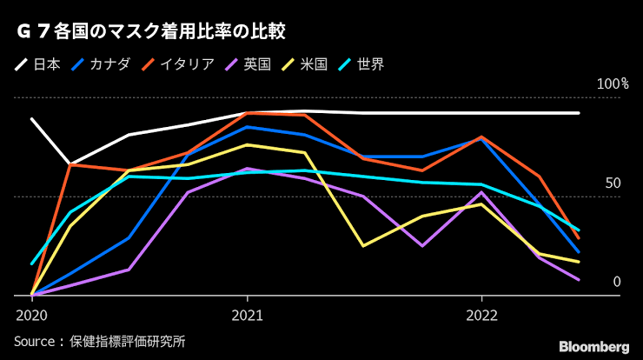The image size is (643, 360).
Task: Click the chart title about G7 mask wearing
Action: coord(151,33)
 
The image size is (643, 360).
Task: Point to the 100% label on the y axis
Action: coord(613,84)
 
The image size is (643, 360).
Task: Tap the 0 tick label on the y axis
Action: coord(617,282)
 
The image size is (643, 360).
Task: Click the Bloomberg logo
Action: coord(593,346)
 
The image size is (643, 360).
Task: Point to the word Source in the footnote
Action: coord(36,341)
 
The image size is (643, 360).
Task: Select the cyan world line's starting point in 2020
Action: coord(31,263)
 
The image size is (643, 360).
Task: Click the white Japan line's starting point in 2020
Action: coord(31,118)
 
